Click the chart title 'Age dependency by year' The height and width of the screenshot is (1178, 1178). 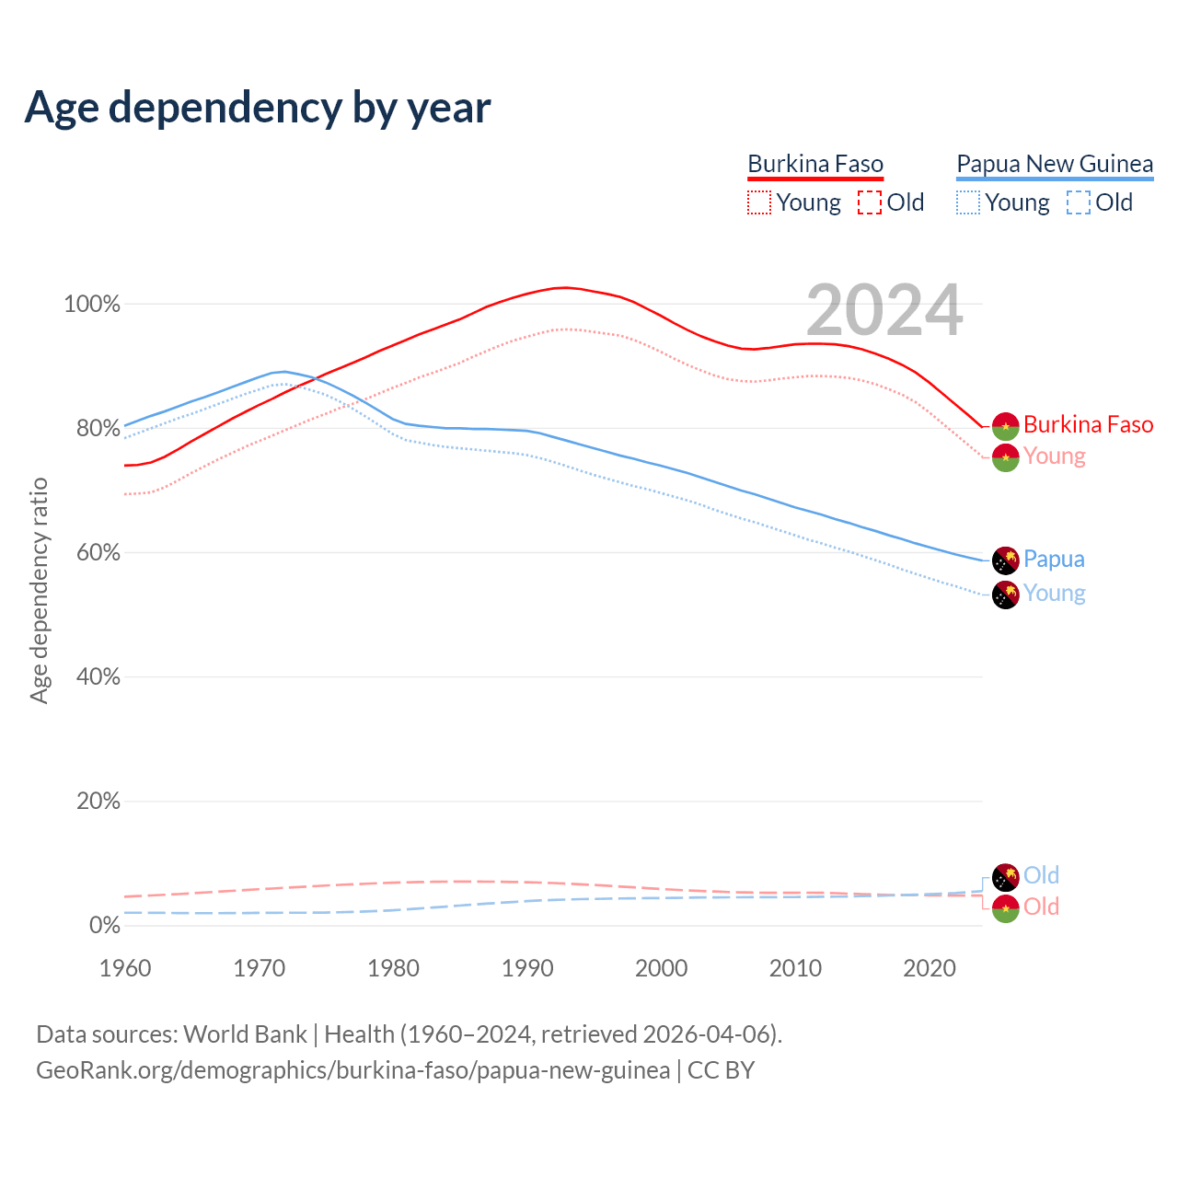[258, 108]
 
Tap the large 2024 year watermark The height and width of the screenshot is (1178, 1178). [884, 310]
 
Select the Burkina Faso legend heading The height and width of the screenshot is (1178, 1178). [814, 165]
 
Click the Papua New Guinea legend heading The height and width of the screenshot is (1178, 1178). [1055, 165]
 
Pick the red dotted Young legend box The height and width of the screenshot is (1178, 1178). [759, 202]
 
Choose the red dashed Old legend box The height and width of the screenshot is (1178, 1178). [870, 202]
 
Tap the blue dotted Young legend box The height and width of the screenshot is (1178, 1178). [968, 202]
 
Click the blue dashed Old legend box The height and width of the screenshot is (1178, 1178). [1079, 202]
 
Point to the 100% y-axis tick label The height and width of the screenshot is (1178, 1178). [92, 305]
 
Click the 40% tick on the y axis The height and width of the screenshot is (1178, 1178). [97, 677]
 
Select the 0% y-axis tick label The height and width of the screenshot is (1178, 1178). [104, 926]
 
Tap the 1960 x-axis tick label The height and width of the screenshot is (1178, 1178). [125, 968]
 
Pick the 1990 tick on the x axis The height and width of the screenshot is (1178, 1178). [527, 968]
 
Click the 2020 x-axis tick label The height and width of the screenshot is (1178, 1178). [930, 968]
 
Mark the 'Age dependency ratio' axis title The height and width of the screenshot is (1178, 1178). [39, 590]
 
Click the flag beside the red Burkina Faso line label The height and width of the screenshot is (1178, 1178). [1005, 426]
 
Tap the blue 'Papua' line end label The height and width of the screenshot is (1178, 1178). [1054, 560]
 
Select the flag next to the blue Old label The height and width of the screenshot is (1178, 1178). [1005, 877]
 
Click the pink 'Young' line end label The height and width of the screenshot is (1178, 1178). [1055, 456]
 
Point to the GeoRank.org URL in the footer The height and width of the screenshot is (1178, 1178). [352, 1071]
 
